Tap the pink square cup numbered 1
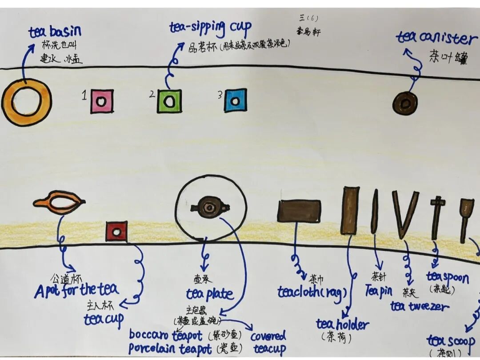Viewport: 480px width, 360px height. click(102, 102)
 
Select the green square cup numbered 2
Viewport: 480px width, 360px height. click(169, 101)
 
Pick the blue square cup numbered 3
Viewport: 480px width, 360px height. click(236, 101)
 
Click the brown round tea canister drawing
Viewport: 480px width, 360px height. click(405, 104)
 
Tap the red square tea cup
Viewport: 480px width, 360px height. click(116, 232)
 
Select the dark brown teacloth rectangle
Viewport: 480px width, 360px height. click(299, 211)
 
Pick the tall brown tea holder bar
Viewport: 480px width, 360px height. click(350, 210)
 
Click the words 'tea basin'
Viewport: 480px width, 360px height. click(55, 32)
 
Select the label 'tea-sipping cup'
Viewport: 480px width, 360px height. click(210, 28)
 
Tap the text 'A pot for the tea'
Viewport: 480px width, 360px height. click(76, 290)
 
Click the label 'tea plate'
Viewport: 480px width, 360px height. click(209, 294)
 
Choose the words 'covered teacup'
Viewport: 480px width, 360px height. click(269, 342)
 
